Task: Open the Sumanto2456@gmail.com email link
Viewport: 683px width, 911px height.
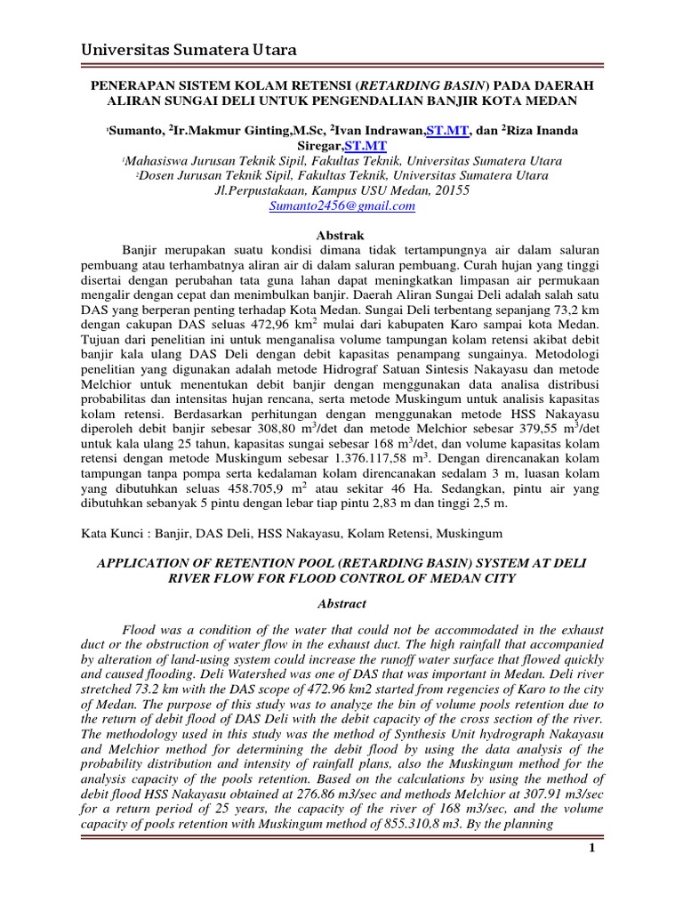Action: tap(341, 206)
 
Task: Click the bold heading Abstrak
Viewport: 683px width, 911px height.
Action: tap(341, 234)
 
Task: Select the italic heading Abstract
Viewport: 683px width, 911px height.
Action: tap(341, 603)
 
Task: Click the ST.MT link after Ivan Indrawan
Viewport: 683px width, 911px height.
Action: tap(447, 130)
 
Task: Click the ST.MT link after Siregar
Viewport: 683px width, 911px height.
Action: tap(366, 145)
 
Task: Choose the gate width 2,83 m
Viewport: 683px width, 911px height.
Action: tap(415, 504)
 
